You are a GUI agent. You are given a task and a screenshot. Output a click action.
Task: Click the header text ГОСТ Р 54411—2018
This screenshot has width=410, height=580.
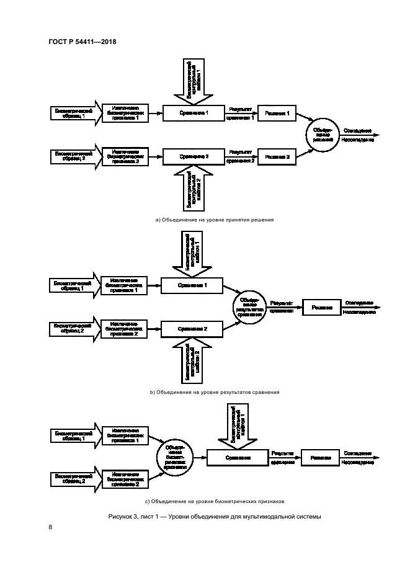pos(82,42)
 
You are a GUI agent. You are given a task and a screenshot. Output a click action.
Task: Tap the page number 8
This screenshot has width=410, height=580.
pos(50,527)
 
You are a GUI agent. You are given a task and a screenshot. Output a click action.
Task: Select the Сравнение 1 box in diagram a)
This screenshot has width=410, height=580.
pos(194,113)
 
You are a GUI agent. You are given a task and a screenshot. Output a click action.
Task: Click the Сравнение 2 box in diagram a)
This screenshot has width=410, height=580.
pos(194,156)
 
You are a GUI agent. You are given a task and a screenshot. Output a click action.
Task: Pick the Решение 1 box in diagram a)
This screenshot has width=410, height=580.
pos(277,113)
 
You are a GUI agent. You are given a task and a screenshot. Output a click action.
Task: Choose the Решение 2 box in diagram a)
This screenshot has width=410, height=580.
pos(277,156)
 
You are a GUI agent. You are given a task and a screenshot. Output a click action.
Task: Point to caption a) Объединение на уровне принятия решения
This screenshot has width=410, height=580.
pos(214,220)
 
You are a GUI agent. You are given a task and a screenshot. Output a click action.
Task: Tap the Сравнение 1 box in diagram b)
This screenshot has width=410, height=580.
pos(192,285)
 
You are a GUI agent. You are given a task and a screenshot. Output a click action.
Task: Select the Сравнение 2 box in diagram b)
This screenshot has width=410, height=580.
pos(192,328)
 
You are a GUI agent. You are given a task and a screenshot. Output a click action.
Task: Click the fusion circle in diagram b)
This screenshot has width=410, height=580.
pos(249,306)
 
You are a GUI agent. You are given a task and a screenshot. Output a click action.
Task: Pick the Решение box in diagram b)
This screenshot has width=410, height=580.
pos(322,306)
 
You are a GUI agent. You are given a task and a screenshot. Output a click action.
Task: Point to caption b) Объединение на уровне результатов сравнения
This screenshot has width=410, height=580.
pos(214,392)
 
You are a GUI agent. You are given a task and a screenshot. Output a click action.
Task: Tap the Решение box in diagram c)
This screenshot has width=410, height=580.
pos(320,458)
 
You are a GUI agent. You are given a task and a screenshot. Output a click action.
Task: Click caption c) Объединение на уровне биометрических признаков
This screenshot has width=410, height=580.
pos(214,501)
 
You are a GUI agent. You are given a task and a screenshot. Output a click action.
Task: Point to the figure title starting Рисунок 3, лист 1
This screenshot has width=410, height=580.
pos(214,517)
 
